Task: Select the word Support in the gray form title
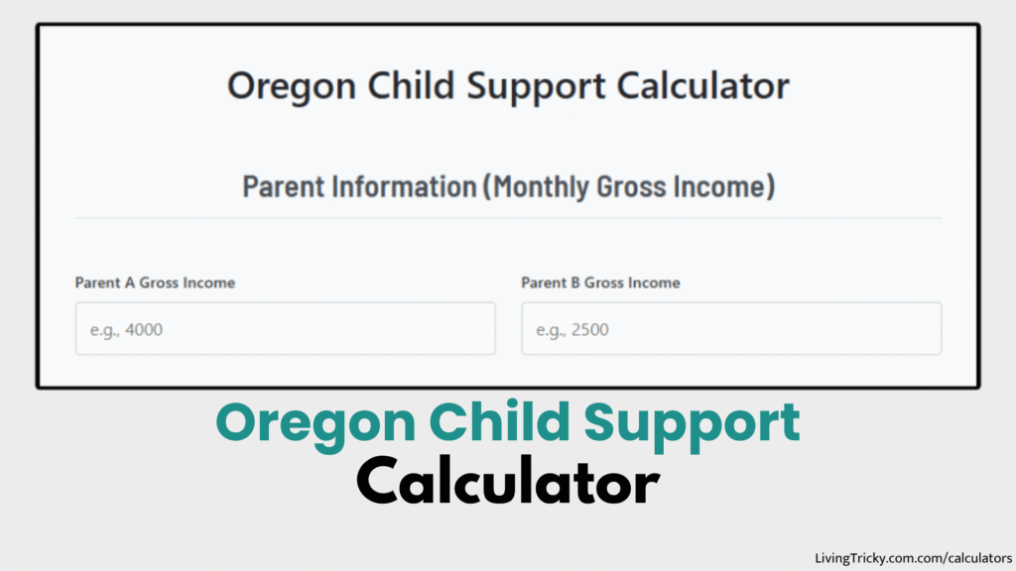pos(539,86)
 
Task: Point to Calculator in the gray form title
pos(703,86)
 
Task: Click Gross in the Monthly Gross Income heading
pos(629,186)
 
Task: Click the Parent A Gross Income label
pos(155,283)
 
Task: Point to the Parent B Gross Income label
pos(600,283)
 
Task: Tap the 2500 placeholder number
pos(590,330)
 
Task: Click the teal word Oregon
pos(316,423)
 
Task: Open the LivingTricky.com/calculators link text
pos(913,558)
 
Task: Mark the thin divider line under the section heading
pos(508,218)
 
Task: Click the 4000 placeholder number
pos(144,330)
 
